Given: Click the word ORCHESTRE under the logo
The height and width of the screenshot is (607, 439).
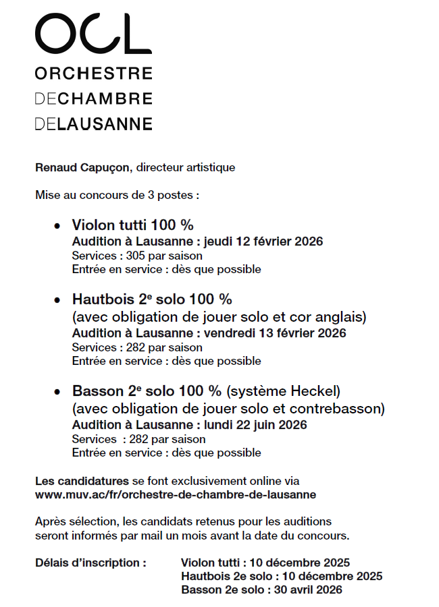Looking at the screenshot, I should point(93,73).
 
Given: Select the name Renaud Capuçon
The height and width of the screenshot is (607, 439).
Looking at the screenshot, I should point(80,167).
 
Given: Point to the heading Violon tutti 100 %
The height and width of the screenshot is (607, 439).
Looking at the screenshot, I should point(133,225).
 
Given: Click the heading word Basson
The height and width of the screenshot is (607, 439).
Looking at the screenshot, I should point(99,391).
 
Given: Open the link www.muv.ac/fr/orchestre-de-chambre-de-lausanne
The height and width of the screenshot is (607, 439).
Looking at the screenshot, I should point(176,494).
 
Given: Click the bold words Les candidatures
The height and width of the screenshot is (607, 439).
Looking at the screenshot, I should point(82,481).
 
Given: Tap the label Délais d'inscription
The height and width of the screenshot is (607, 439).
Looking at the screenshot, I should point(91,562).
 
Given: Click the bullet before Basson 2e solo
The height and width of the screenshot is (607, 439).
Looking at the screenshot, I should point(57,392).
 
